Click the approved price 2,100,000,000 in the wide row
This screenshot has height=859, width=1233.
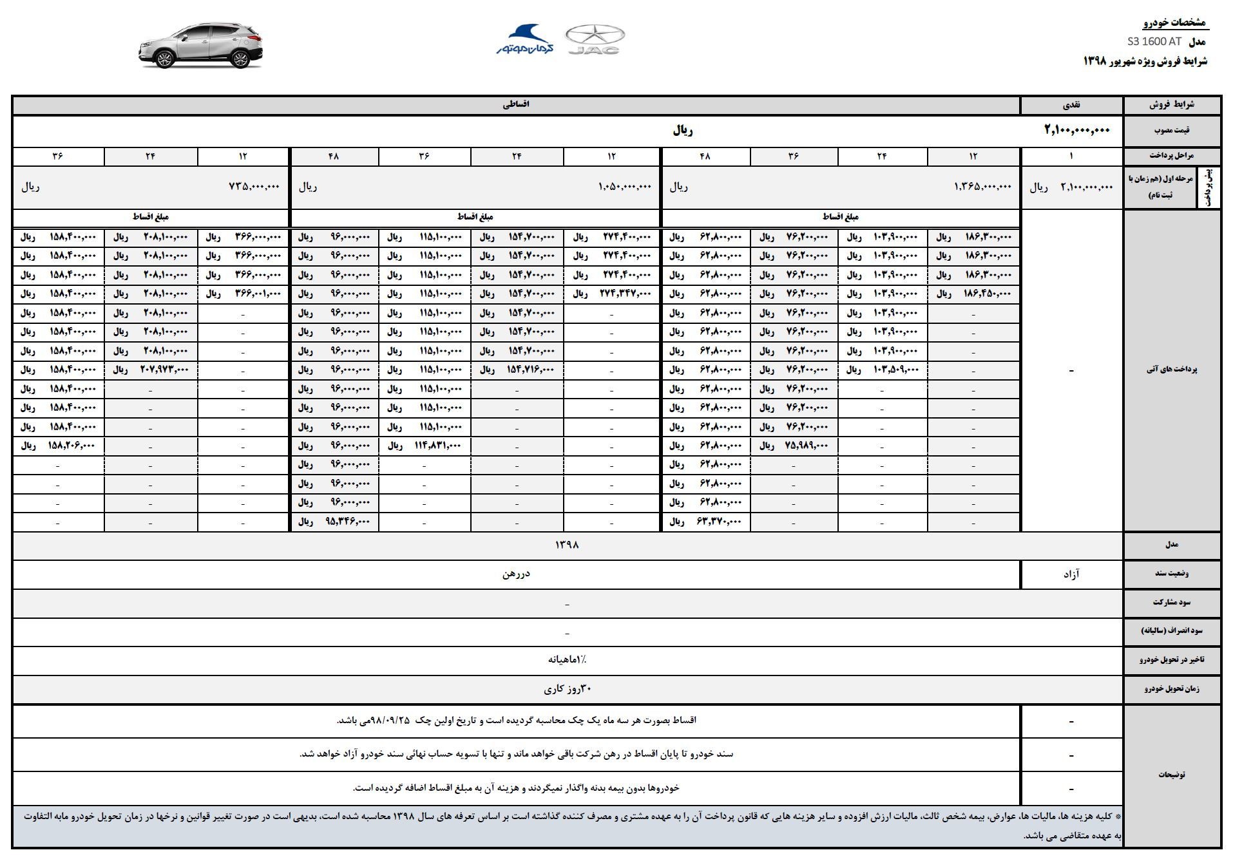coord(1077,130)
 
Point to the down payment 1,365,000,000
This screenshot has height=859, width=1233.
coord(982,187)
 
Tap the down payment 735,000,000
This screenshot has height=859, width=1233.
coord(254,187)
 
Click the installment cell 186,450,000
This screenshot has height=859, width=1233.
coord(988,294)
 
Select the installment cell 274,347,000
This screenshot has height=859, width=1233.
coord(627,294)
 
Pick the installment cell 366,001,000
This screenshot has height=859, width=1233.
coord(258,294)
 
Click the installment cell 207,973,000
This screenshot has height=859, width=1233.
coord(164,370)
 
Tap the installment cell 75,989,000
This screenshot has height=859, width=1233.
coord(807,446)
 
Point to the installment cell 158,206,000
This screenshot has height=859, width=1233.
coord(72,446)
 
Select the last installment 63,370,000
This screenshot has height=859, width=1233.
coord(720,522)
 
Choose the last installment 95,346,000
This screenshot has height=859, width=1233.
coord(348,522)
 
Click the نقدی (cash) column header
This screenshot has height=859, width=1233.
coord(1071,104)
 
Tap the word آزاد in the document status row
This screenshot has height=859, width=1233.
coord(1071,574)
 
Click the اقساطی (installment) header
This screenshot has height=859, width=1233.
coord(516,104)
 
